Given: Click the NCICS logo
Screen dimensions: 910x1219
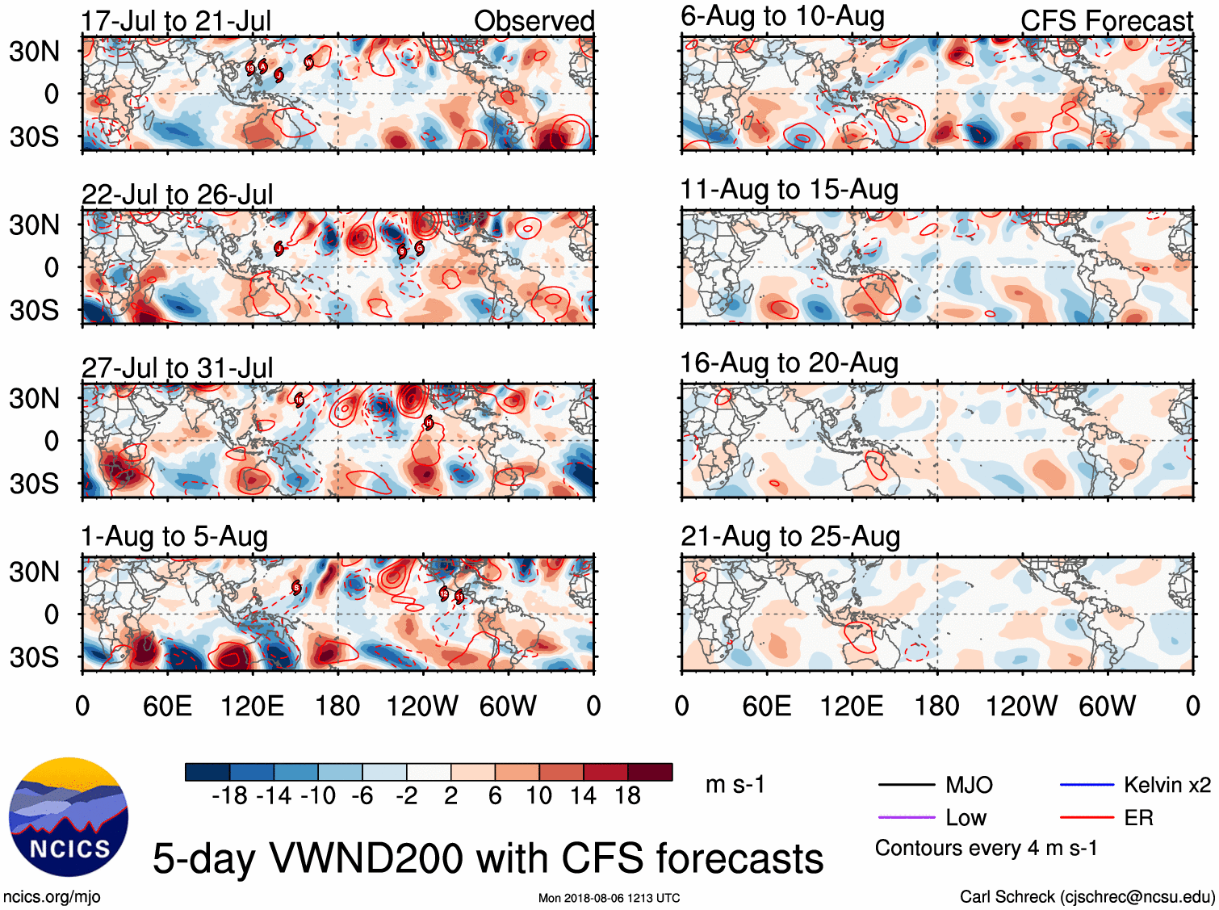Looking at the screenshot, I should [x=69, y=817].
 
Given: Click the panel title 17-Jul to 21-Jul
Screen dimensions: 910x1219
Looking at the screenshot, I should [x=176, y=21].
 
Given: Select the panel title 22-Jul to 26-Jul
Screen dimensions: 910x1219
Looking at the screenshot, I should [x=177, y=195].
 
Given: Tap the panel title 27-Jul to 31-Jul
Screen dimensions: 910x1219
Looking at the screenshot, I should [x=177, y=368].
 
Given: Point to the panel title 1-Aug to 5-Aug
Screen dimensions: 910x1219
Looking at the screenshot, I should [x=174, y=537].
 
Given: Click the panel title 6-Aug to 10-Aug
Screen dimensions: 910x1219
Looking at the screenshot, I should [x=782, y=16].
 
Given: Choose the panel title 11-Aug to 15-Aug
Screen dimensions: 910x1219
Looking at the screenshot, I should [x=789, y=190].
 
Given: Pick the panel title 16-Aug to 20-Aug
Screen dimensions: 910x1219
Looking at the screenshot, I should [x=789, y=363].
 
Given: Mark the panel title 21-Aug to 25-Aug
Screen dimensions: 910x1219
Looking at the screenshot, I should [x=790, y=536].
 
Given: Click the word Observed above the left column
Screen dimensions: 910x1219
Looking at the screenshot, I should [x=534, y=21].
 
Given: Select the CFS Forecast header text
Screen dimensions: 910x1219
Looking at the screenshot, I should [x=1106, y=21].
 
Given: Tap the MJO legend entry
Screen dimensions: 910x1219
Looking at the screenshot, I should [x=969, y=785].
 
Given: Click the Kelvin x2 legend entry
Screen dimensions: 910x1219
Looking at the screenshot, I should [x=1167, y=785].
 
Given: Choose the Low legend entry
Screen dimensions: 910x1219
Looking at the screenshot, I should [x=966, y=818].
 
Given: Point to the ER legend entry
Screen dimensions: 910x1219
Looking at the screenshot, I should [x=1138, y=818].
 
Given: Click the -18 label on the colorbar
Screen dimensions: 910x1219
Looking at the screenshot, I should [x=229, y=796].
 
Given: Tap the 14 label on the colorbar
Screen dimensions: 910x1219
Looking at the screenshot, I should [x=583, y=796].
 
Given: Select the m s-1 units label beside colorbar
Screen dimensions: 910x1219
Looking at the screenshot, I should [x=735, y=785].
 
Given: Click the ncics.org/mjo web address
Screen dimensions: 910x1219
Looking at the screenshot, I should [x=52, y=896].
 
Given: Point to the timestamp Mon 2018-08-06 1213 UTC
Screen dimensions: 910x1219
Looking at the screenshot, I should [x=609, y=898].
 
